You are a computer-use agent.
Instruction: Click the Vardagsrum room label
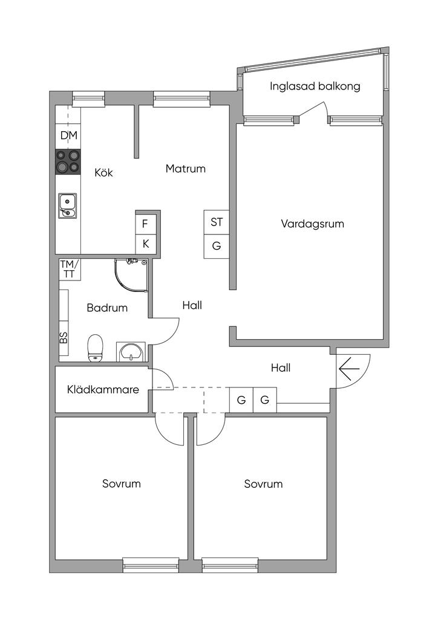pos(312,224)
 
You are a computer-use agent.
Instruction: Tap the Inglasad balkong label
pos(315,86)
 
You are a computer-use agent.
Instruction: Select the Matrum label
pos(186,169)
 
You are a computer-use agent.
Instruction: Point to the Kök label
pos(103,172)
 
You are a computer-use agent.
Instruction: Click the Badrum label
pos(107,308)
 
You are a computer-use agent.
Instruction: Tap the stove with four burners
pos(68,161)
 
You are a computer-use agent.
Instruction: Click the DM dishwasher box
pos(68,135)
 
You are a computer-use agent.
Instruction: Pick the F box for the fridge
pos(145,224)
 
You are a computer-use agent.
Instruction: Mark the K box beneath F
pos(145,244)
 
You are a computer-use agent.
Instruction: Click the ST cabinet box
pos(216,222)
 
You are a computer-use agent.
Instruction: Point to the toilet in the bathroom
pos(96,349)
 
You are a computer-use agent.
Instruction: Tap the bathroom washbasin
pos(131,351)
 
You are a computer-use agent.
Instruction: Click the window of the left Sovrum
pos(151,565)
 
